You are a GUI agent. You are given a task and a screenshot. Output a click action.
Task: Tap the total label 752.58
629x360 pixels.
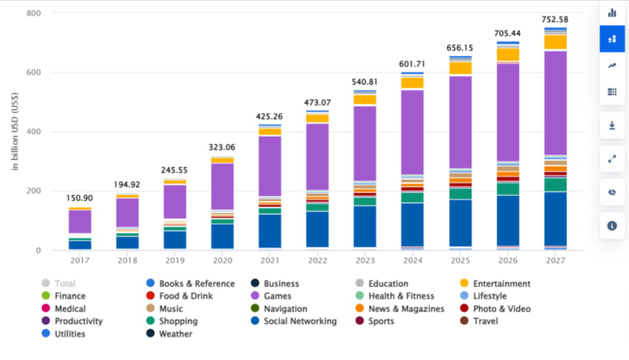(x=554, y=20)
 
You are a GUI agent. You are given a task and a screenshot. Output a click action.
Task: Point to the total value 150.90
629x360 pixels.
(x=80, y=199)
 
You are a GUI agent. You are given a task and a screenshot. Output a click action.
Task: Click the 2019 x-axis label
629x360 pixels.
(x=175, y=260)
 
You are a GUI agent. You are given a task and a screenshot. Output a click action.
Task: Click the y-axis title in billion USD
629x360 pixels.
(x=16, y=130)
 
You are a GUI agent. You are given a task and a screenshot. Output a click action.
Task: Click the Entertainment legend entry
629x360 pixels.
(x=508, y=284)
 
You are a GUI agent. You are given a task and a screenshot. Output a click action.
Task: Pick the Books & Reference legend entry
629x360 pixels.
(x=197, y=284)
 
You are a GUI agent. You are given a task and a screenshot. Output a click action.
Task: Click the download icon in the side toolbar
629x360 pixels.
(x=612, y=125)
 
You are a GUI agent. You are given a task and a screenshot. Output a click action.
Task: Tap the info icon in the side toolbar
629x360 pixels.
(x=612, y=226)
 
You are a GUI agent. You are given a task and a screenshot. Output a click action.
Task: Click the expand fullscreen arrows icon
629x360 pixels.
(x=612, y=159)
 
